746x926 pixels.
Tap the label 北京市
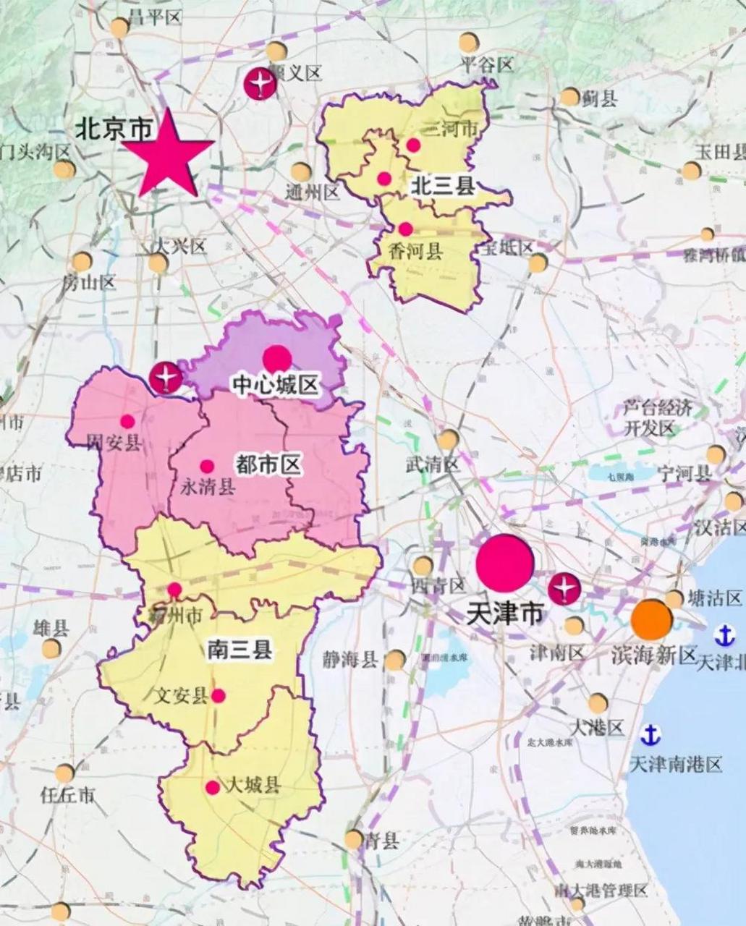[x=115, y=129]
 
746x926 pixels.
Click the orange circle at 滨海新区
[x=651, y=619]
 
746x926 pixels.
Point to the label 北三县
[x=442, y=187]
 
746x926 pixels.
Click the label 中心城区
[x=274, y=384]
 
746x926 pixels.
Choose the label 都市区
[x=268, y=464]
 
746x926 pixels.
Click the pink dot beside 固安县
[x=127, y=421]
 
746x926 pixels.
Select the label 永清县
[x=208, y=486]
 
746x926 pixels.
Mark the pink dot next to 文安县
[x=218, y=696]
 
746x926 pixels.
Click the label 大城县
[x=253, y=785]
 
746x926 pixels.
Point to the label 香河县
[x=415, y=251]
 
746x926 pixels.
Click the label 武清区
[x=432, y=464]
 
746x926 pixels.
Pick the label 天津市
[x=504, y=613]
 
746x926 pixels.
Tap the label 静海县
[x=350, y=659]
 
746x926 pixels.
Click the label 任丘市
[x=67, y=795]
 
